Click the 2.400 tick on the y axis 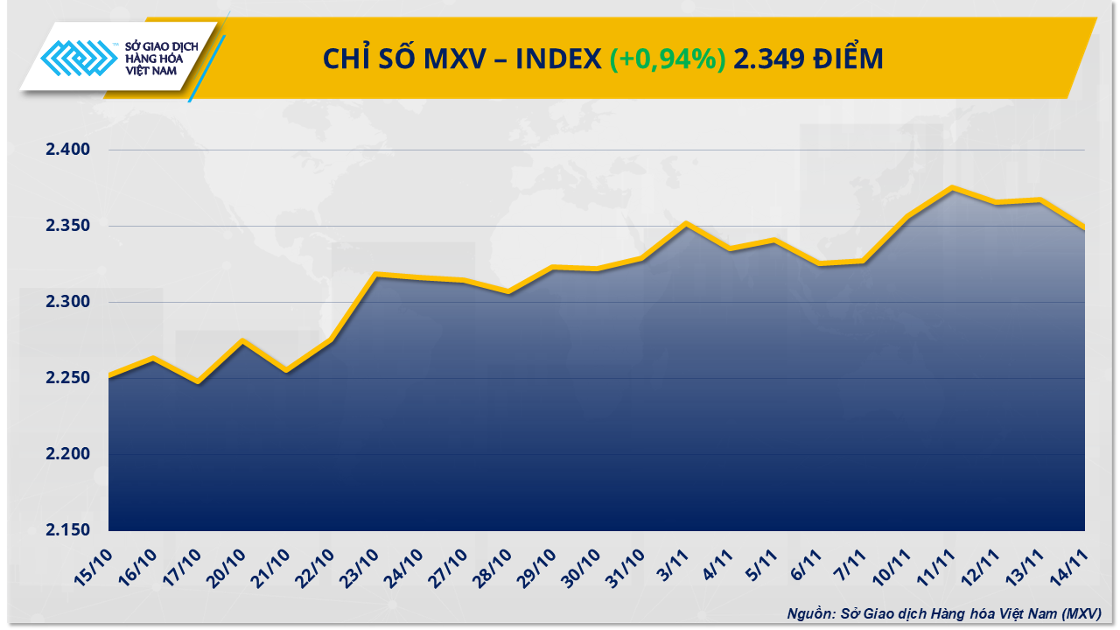pyautogui.click(x=68, y=150)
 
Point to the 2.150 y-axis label pyautogui.click(x=68, y=531)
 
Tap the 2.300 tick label pyautogui.click(x=68, y=302)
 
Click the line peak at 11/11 pyautogui.click(x=952, y=187)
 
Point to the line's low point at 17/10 pyautogui.click(x=198, y=382)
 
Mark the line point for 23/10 pyautogui.click(x=375, y=274)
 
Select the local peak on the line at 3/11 pyautogui.click(x=686, y=223)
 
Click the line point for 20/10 pyautogui.click(x=242, y=340)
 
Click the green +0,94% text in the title pyautogui.click(x=668, y=59)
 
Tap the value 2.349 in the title pyautogui.click(x=766, y=59)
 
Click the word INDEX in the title pyautogui.click(x=558, y=59)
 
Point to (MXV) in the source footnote pyautogui.click(x=1080, y=613)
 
